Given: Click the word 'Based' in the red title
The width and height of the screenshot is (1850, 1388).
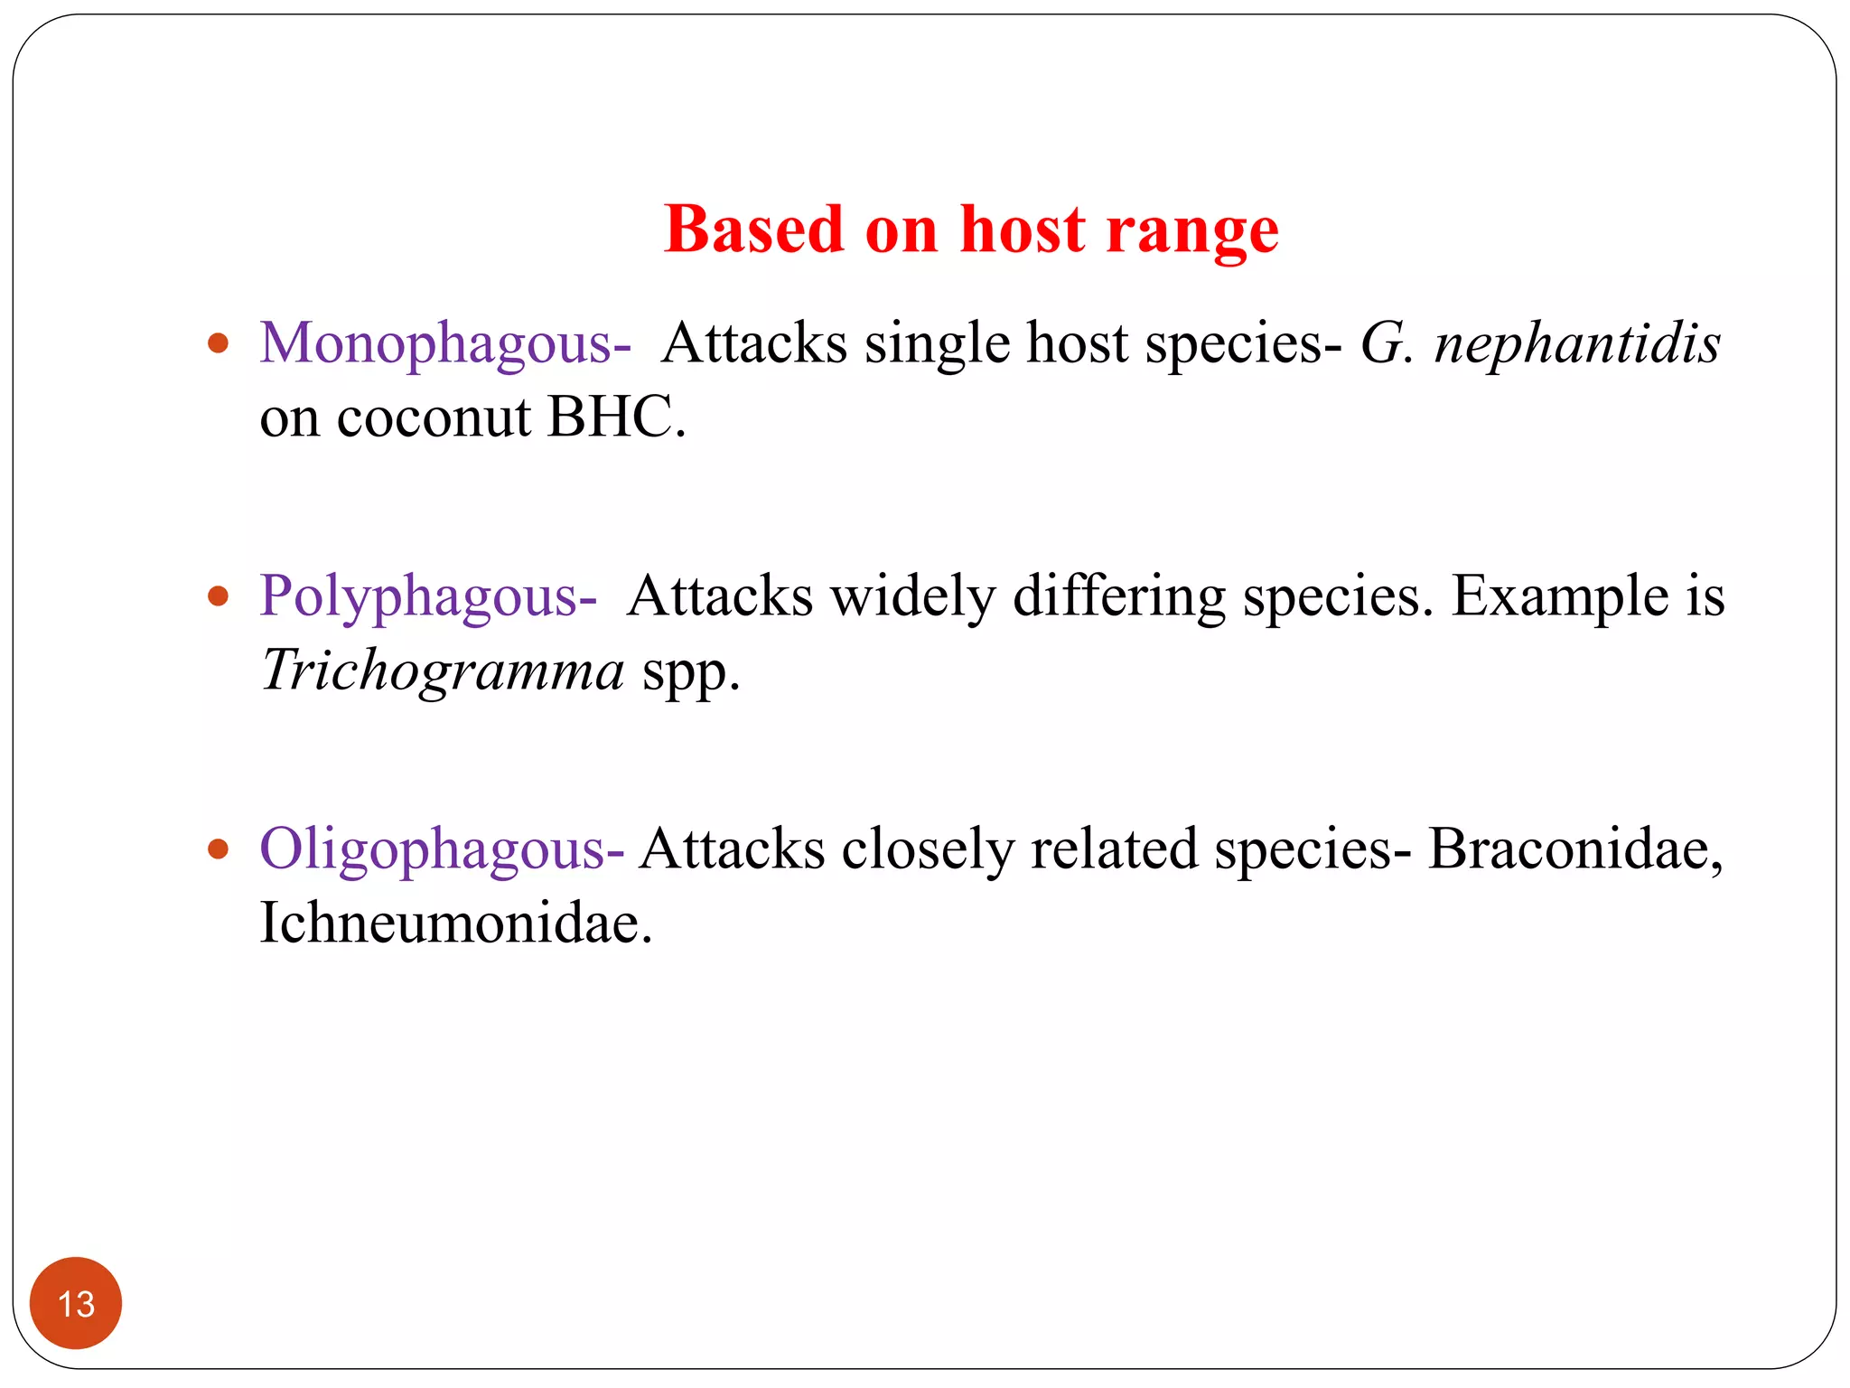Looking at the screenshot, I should pos(753,230).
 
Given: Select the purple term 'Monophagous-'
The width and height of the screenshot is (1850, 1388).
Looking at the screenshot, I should pos(445,344).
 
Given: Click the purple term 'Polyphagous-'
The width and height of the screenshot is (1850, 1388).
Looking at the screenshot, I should pos(428,597).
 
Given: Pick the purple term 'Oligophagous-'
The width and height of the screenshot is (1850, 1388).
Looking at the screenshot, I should pos(442,850).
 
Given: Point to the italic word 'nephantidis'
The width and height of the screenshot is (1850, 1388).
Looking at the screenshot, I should pos(1577,343).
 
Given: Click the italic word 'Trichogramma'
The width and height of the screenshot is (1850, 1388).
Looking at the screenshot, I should pos(443,671).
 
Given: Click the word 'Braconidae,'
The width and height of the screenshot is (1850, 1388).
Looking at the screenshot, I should pos(1575,849).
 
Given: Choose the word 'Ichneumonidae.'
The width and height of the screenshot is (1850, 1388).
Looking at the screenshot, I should pos(455,923).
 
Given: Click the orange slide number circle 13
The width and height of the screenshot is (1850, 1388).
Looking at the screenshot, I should pos(76,1303).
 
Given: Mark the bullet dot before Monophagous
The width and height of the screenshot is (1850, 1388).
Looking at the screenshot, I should pos(218,343).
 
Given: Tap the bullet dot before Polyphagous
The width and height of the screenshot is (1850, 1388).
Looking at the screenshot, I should pos(218,596).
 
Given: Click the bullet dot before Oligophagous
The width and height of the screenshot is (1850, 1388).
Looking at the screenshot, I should pos(218,849).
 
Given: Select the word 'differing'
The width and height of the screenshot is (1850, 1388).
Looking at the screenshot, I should pos(1118,597).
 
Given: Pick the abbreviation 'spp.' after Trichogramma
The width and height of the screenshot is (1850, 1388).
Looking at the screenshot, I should pos(690,673).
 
